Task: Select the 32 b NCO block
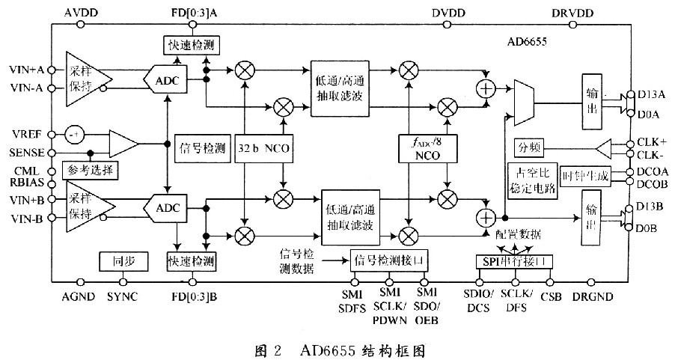tap(263, 148)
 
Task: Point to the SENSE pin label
tap(28, 152)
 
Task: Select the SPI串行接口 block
tap(516, 260)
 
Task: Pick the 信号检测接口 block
tap(393, 260)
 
